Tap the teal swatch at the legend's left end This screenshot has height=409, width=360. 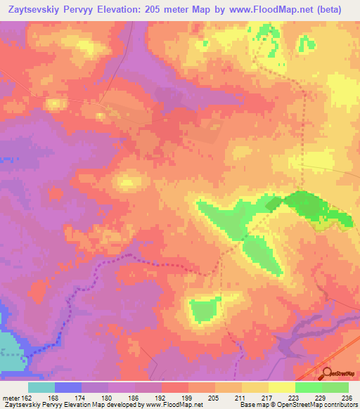pos(41,387)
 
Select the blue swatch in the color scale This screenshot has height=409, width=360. pos(68,387)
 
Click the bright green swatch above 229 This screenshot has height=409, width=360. pos(308,387)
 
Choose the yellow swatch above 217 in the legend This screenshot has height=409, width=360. pos(255,387)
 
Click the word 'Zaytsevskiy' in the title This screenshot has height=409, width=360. pos(34,9)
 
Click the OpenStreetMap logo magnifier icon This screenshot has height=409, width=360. pos(327,373)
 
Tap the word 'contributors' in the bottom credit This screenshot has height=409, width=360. pos(340,405)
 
